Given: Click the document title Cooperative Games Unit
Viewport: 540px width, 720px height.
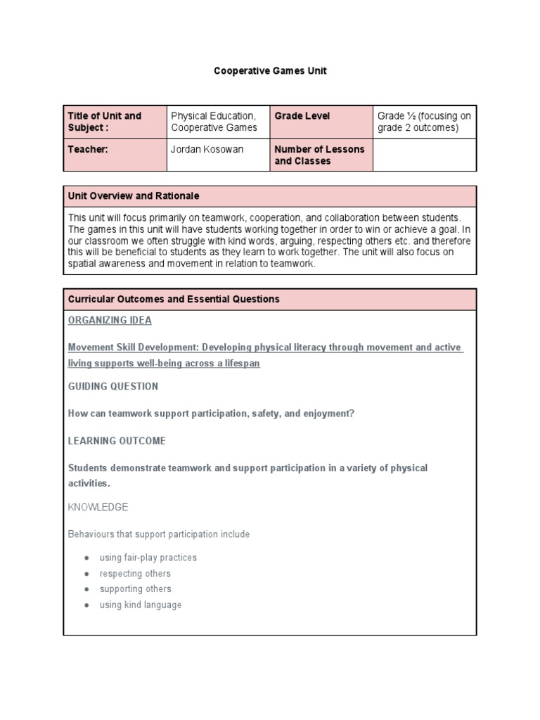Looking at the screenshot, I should click(x=271, y=71).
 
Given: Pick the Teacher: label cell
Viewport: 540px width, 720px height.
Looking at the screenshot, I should click(x=115, y=155).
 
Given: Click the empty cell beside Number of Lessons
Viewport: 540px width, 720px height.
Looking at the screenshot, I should click(x=424, y=155).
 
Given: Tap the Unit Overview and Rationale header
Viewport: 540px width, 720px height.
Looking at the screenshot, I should click(x=270, y=196).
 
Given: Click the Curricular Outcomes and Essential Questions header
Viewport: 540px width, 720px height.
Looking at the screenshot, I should click(x=270, y=299).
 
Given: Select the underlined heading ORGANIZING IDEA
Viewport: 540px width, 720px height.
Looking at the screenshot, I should click(x=110, y=321).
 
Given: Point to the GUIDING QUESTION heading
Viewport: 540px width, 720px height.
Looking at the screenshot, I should click(x=113, y=387).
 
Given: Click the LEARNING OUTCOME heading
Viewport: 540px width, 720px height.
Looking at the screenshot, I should click(x=117, y=441).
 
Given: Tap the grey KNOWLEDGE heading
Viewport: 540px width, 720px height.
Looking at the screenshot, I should click(x=98, y=507).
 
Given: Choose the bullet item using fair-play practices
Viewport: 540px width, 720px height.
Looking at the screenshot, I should click(x=148, y=558).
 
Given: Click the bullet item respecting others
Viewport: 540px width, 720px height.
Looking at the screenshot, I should click(x=135, y=574).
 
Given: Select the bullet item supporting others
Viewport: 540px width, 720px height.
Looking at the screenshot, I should click(x=136, y=589).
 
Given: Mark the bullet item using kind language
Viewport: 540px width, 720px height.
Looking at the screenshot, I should click(x=141, y=605).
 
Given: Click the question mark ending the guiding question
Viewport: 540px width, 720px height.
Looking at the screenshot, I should click(x=352, y=414).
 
